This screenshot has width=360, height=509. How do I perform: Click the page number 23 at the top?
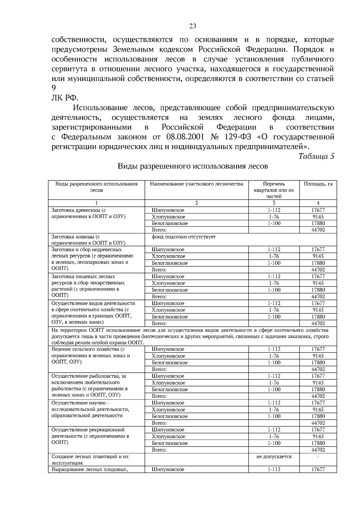point(193,26)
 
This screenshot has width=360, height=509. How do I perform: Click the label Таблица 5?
point(316,156)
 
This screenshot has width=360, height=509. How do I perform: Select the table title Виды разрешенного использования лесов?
point(193,166)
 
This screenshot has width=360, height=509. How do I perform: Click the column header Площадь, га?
point(318,184)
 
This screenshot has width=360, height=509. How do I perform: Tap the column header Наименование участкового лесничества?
point(196,184)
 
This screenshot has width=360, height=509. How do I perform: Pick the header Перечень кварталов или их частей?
point(274,190)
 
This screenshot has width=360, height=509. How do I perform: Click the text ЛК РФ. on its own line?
point(65,98)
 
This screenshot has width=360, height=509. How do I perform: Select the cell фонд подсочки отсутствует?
point(184,237)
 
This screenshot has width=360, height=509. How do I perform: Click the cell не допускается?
point(274,457)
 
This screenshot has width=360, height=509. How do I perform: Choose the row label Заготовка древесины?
point(79,210)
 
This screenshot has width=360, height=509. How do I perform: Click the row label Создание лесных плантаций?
point(90,457)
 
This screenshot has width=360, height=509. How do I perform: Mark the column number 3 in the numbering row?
point(274,203)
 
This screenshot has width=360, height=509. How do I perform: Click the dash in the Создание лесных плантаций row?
point(318,457)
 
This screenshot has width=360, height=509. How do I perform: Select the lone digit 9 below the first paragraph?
point(54,88)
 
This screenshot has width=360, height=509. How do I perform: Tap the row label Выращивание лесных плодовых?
point(90,469)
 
